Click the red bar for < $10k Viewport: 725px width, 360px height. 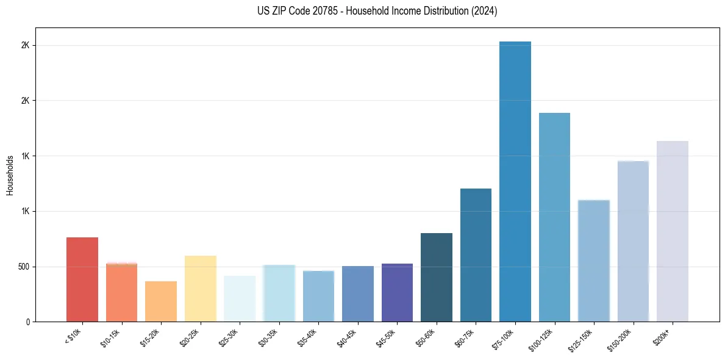coord(82,279)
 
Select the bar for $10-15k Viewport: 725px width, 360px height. coord(121,292)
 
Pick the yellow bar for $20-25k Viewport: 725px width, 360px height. coord(201,289)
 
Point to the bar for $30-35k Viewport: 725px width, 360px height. coord(279,293)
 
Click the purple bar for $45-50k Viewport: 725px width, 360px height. coord(397,293)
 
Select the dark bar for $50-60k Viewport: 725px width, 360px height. coord(437,278)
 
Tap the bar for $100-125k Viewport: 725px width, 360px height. coord(554,217)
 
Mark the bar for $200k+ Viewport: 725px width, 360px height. coord(673,231)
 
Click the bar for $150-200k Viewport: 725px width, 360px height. coord(633,241)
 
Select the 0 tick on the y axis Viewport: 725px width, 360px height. coord(29,322)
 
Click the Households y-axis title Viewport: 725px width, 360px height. coord(10,175)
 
